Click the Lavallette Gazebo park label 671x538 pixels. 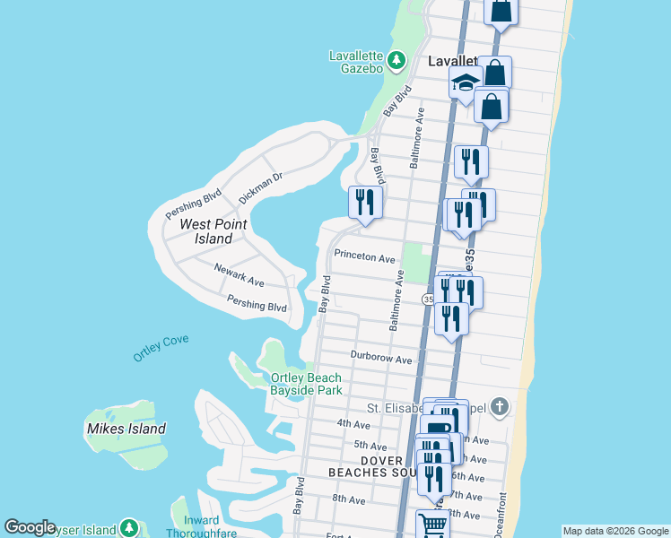coord(356,61)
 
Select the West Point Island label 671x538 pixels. coord(206,231)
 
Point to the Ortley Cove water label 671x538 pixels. coord(161,348)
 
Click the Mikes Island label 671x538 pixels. coord(126,429)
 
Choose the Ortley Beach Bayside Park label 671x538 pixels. coord(306,384)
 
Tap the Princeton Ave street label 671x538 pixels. coord(364,256)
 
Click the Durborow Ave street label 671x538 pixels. coord(381,359)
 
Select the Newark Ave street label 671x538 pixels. coord(239,275)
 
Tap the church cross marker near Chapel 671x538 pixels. coord(500,407)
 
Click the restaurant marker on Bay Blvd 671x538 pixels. coord(365,203)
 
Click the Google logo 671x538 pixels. coord(30,527)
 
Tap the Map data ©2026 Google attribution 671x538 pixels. coord(615,531)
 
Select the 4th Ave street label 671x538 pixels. coord(353,423)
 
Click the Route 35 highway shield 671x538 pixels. coord(428,299)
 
